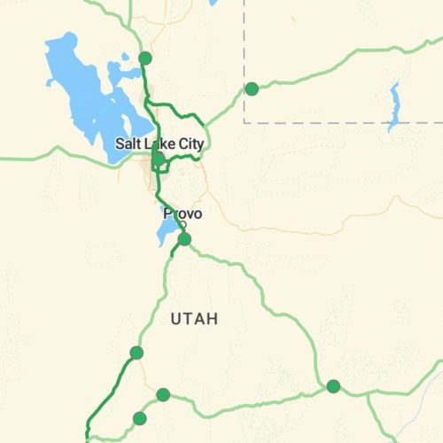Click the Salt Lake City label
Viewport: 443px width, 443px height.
coord(159,144)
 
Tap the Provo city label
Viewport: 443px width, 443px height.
coord(183,214)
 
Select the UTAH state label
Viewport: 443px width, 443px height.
coord(193,319)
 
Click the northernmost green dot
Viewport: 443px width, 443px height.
coord(145,58)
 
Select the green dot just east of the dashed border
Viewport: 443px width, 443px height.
coord(252,89)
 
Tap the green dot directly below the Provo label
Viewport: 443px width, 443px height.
coord(184,239)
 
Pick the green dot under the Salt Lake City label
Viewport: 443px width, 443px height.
coord(157,160)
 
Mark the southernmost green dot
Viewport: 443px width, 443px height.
coord(139,418)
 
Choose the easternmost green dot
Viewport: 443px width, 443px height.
coord(333,385)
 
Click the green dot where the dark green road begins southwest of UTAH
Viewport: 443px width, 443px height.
coord(136,353)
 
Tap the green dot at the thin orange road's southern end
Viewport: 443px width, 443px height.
coord(163,394)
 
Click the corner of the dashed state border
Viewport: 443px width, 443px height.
coord(244,121)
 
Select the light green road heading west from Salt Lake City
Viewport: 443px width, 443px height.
coord(53,156)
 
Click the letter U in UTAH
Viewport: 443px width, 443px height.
coord(174,319)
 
